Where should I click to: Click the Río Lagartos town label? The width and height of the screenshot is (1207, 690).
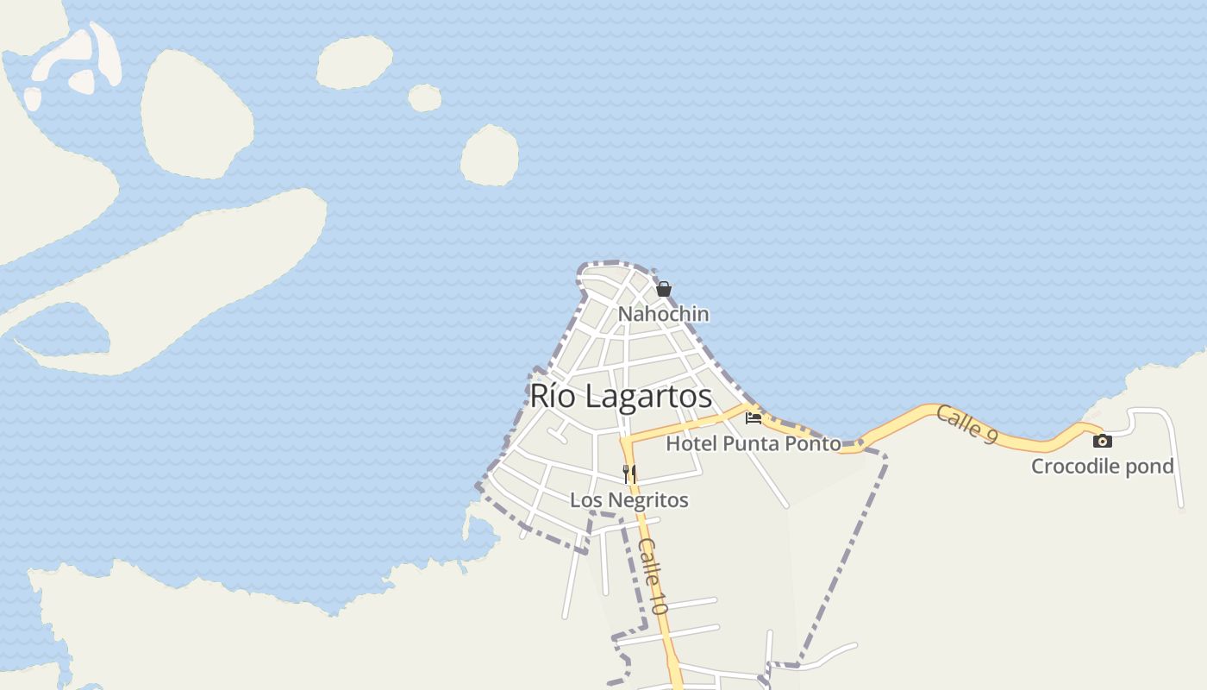pos(621,396)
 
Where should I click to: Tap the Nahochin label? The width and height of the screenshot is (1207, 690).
pos(663,314)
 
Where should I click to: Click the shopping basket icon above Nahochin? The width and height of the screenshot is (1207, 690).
pos(663,289)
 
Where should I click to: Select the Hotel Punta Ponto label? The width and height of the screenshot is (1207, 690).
pos(754,443)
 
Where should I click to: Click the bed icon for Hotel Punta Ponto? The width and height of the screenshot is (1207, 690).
pos(754,418)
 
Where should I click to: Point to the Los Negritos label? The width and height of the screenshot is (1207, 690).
pos(629,500)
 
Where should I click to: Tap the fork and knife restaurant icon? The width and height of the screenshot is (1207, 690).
pos(629,474)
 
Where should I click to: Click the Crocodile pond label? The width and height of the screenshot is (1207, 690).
pos(1103,467)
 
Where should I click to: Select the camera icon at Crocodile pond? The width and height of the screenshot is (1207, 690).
pos(1102,441)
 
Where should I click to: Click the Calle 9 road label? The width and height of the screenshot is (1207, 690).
pos(967,423)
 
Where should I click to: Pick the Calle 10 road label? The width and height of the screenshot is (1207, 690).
pos(654,575)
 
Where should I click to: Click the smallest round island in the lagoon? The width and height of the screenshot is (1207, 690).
pos(424,98)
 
